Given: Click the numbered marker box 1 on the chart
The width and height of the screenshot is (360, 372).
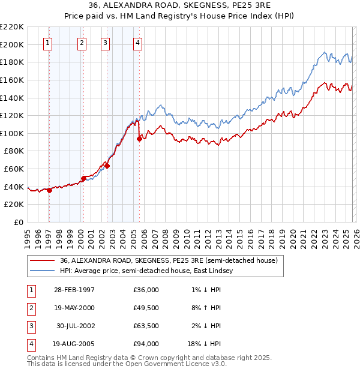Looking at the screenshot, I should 47,43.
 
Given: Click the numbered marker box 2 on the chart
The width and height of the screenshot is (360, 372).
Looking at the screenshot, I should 82,43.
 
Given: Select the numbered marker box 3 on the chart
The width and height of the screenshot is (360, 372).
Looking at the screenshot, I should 105,43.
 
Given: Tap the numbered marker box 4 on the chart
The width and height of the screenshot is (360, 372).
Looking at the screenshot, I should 137,43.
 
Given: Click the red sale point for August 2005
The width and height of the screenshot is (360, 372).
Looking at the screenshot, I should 139,139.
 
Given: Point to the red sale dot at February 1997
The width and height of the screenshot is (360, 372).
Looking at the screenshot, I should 49,190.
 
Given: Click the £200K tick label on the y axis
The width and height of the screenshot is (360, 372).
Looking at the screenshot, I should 12,44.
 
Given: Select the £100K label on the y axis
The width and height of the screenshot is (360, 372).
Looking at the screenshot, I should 12,133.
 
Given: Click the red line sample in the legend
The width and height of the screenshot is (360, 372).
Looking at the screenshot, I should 41,261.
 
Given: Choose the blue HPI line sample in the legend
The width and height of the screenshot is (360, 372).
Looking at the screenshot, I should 41,271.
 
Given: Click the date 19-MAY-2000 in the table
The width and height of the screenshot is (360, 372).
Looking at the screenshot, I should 74,308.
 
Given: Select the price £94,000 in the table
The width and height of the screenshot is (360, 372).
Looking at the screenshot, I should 146,344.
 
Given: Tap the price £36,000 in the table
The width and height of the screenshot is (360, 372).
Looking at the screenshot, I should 146,290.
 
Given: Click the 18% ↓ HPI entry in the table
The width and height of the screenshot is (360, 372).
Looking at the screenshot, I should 205,344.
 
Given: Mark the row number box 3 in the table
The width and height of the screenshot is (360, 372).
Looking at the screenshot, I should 31,326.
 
